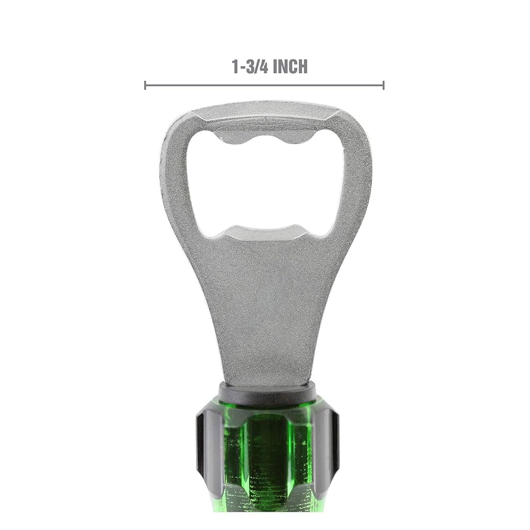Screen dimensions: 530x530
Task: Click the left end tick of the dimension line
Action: (145, 85)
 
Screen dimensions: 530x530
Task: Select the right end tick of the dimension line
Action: (383, 85)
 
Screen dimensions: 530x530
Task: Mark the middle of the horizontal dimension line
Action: (264, 85)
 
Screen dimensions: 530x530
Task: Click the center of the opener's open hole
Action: (265, 183)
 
